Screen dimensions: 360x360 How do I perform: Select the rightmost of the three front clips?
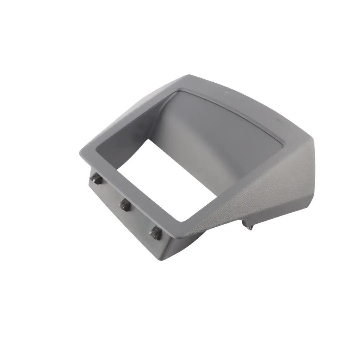pos(156,233)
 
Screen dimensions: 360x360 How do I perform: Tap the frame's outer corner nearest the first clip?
pos(81,154)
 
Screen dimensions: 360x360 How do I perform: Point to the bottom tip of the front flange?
pos(162,259)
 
